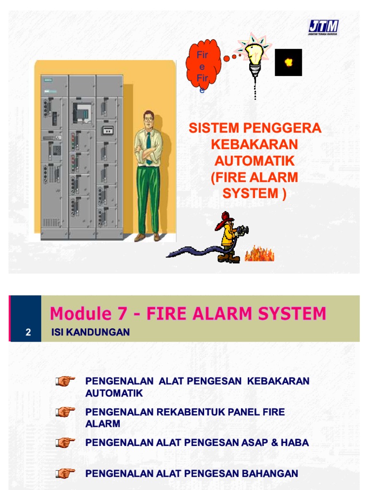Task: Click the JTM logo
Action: click(323, 27)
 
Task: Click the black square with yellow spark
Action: click(288, 62)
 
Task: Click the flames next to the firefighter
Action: click(259, 254)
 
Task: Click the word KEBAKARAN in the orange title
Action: click(254, 144)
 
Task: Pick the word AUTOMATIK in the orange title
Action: click(254, 160)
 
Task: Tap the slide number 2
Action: click(28, 333)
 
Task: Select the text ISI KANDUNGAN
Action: click(90, 333)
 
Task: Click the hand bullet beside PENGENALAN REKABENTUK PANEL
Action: click(65, 412)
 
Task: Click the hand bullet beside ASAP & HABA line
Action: click(65, 443)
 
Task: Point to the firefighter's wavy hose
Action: click(192, 251)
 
